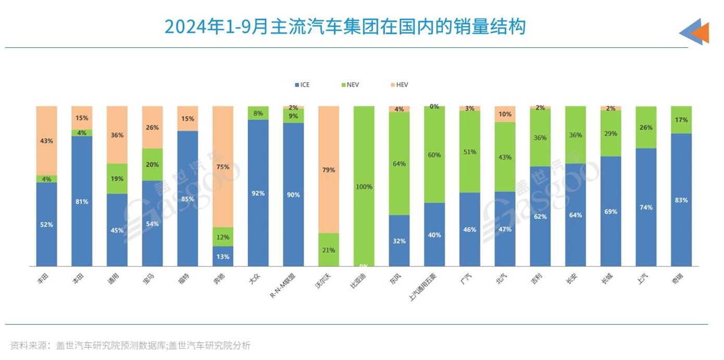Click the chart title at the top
pos(344,27)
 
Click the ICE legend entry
pos(302,84)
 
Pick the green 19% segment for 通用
pos(117,179)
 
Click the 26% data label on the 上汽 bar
pos(646,127)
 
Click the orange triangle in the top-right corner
pos(701,33)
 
